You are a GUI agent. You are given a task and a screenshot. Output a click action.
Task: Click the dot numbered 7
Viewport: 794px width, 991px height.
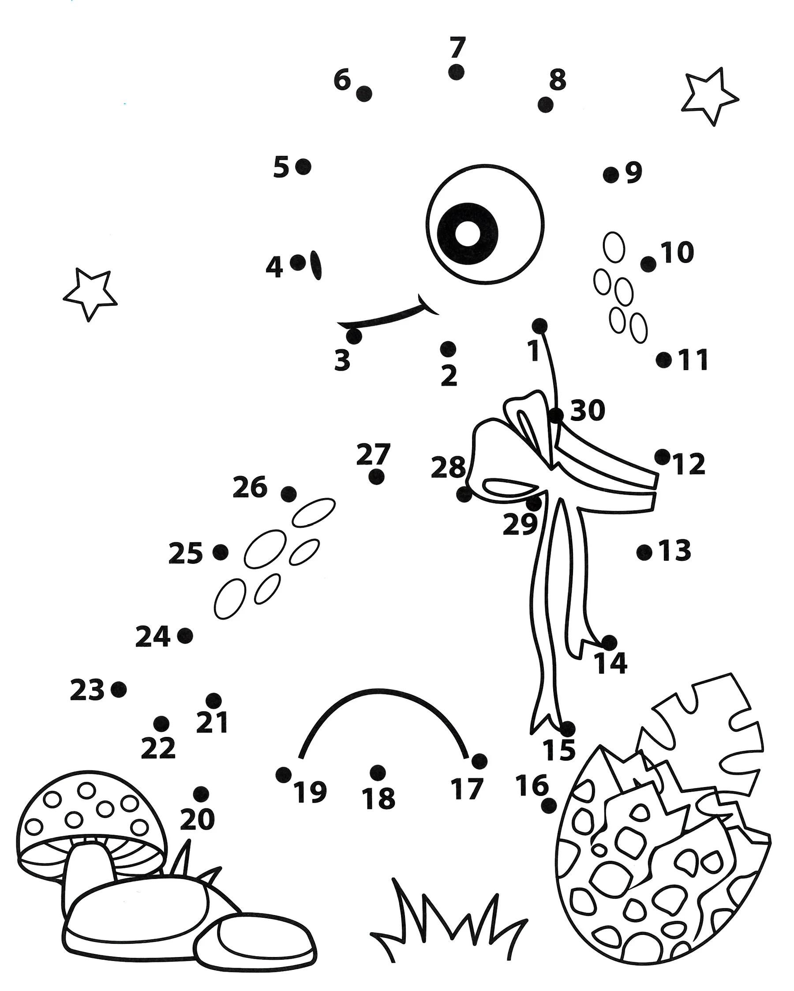[456, 72]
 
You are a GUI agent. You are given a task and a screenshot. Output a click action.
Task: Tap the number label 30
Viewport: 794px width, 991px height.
[587, 410]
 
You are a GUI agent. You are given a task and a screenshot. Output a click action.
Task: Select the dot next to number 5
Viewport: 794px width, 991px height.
[303, 167]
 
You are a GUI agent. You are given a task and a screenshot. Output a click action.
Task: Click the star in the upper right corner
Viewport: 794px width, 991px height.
[709, 97]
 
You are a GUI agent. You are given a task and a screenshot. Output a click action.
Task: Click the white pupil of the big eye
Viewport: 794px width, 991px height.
[467, 233]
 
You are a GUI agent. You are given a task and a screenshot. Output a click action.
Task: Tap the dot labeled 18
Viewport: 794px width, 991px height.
[377, 773]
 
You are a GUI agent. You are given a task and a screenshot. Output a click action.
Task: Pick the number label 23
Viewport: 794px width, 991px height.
[87, 690]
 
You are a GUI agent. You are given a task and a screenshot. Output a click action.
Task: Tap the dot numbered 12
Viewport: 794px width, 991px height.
[662, 457]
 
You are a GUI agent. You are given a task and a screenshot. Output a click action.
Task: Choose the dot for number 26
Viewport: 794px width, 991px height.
[288, 494]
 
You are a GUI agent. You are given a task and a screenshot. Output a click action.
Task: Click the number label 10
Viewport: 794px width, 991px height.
[677, 252]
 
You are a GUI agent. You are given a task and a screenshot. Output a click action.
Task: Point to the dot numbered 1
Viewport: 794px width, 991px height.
[539, 327]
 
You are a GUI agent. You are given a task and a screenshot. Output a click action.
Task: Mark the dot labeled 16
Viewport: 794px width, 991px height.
[549, 806]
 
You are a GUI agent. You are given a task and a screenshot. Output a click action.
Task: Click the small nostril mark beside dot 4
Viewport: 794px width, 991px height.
[316, 265]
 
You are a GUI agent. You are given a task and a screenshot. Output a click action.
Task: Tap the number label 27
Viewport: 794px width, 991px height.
[373, 454]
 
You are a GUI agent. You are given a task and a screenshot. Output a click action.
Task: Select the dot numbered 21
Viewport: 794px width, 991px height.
[213, 701]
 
